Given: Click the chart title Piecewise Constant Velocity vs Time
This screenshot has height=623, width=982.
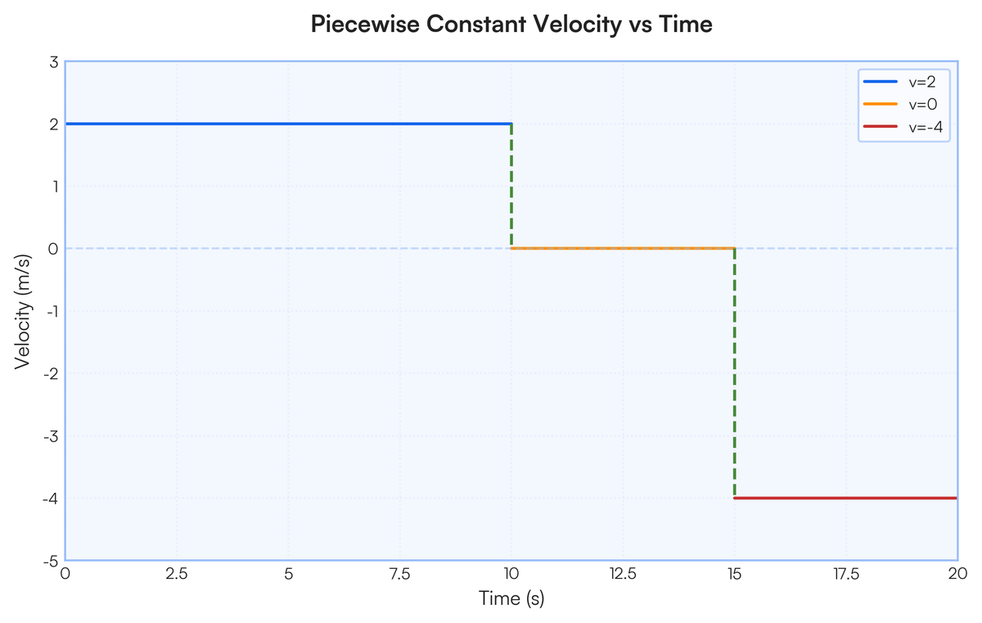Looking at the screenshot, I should [511, 25].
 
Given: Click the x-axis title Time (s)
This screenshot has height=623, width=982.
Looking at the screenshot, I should [511, 599].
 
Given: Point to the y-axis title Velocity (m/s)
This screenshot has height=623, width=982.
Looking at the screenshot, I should [24, 311].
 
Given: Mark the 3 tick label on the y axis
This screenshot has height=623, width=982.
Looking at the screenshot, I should [53, 62].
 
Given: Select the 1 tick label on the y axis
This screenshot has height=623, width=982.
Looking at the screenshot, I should [53, 187].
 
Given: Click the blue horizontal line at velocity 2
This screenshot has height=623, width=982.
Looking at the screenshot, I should [286, 124].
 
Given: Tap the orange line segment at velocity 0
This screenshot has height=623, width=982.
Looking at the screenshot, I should [622, 248].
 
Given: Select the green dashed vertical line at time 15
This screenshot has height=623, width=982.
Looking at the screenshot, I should [735, 373].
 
